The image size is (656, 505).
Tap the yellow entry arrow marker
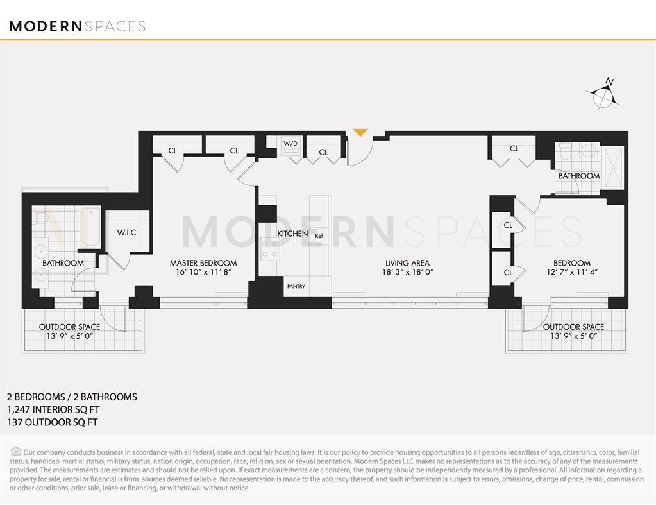pos(360,133)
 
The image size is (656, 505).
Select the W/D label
pos(291,143)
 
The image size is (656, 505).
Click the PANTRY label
pos(296,286)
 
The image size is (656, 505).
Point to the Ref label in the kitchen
pos(319,236)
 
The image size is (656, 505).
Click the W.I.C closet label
pos(126,232)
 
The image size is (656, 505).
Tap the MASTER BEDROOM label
pos(203,263)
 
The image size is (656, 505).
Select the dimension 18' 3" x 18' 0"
pos(407,272)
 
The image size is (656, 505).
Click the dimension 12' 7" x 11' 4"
pos(572,272)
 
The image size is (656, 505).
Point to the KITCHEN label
pos(292,234)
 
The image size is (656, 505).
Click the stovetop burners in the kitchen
pos(269,248)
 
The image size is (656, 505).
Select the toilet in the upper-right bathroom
pos(565,153)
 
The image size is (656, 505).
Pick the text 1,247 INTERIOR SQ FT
pos(53,409)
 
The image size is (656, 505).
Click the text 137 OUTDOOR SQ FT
pos(51,422)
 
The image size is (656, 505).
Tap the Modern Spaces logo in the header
pos(78,26)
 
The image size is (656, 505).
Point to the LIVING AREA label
pos(407,263)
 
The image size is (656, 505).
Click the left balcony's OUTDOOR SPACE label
pos(69,327)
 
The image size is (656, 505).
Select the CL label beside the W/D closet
pos(323,152)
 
